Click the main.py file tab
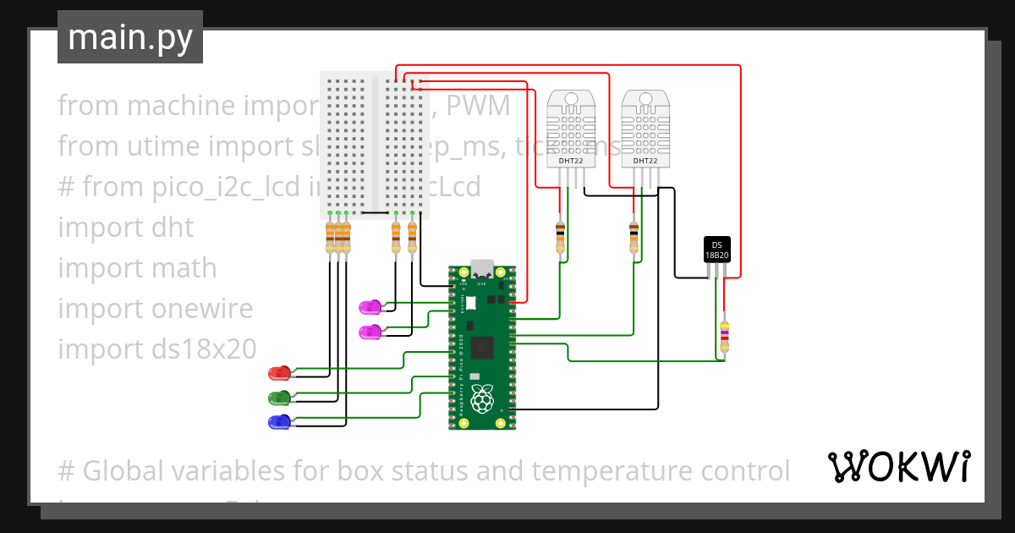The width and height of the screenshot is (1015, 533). tap(129, 37)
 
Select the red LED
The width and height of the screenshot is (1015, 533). tap(279, 373)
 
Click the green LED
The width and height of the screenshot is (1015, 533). tap(279, 397)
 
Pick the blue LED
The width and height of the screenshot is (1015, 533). tap(279, 421)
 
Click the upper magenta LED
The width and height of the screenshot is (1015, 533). tap(370, 306)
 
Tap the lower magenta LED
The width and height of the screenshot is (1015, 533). tap(370, 332)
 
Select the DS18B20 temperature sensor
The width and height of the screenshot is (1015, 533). tap(716, 249)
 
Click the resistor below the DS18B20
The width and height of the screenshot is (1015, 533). tap(723, 337)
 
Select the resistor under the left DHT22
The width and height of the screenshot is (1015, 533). tap(559, 236)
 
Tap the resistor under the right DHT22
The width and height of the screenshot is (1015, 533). tap(634, 236)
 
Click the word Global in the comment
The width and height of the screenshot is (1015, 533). tap(131, 470)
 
